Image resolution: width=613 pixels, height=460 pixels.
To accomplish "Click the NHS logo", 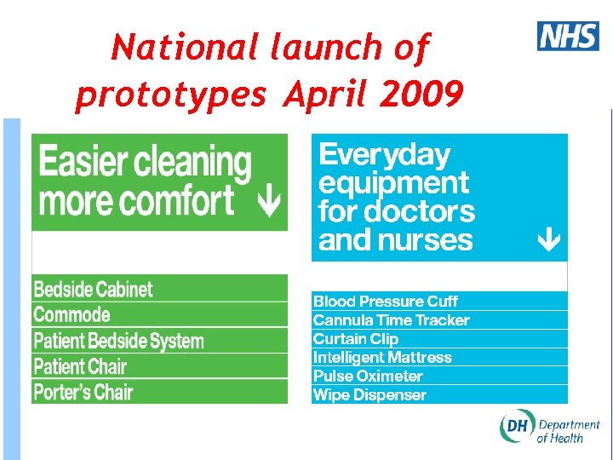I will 568,36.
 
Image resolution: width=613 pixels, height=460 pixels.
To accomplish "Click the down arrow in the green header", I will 269,203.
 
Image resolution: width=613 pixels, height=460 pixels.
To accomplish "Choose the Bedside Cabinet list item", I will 93,289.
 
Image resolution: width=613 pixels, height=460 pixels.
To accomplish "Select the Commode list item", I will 72,314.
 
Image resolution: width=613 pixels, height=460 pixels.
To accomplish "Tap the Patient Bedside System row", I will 118,341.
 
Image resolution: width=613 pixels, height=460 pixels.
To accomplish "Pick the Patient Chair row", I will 80,367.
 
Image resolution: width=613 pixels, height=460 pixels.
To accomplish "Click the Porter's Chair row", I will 83,393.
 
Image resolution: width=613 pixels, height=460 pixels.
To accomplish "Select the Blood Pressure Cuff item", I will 385,302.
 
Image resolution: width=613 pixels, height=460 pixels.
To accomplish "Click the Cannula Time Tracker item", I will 391,320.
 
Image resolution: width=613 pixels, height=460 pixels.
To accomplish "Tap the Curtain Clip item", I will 355,339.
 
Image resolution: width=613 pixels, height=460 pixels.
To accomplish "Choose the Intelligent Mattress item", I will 382,358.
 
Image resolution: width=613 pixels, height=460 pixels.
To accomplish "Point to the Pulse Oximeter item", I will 368,377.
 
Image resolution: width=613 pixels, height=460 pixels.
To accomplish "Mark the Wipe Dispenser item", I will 370,395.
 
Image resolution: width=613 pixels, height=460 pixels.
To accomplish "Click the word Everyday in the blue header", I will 384,155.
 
